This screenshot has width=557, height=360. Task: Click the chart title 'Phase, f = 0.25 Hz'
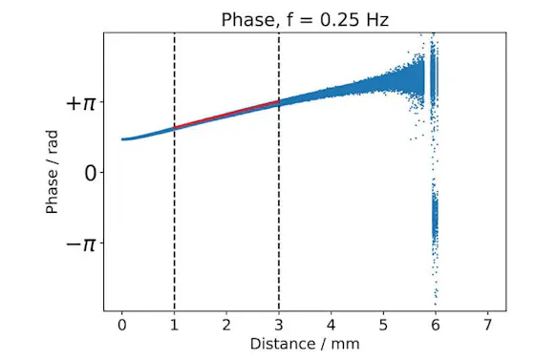[303, 20]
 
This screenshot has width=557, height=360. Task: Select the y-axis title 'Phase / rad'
[54, 172]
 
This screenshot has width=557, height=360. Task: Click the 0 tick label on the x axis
[121, 324]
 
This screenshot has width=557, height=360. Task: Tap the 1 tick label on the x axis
[174, 324]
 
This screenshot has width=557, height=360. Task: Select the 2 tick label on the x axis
[226, 324]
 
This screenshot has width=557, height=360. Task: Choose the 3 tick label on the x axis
[279, 324]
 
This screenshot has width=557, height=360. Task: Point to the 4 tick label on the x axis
[331, 324]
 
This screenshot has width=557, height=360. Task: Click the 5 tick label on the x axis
[383, 324]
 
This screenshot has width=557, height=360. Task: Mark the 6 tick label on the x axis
[436, 324]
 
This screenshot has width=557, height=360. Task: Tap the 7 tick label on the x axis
[488, 324]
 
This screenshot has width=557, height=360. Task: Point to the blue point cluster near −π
[436, 220]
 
